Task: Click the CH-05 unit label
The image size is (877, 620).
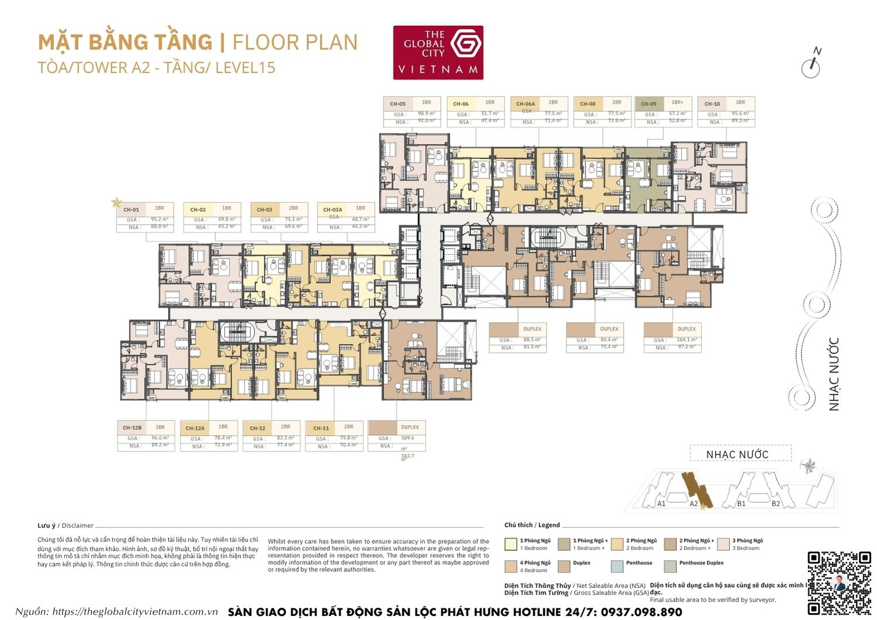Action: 398,104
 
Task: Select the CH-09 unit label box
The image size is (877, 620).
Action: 648,104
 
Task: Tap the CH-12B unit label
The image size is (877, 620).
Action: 132,428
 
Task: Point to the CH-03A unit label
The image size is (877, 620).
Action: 333,209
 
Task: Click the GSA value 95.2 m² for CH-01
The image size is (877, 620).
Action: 159,219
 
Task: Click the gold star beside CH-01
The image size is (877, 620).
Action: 116,202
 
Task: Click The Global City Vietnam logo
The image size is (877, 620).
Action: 438,52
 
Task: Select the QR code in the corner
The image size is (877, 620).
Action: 839,583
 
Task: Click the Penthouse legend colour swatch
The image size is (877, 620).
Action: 617,566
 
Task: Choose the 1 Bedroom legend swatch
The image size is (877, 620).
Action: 510,544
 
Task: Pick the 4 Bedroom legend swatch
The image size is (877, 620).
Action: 510,566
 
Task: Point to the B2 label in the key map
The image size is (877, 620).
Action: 775,503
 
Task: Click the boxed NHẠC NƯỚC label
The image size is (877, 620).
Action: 737,454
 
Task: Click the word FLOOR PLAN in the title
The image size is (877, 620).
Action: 295,43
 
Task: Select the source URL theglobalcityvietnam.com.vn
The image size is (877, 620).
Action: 135,612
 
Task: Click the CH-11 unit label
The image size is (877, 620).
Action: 321,428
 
